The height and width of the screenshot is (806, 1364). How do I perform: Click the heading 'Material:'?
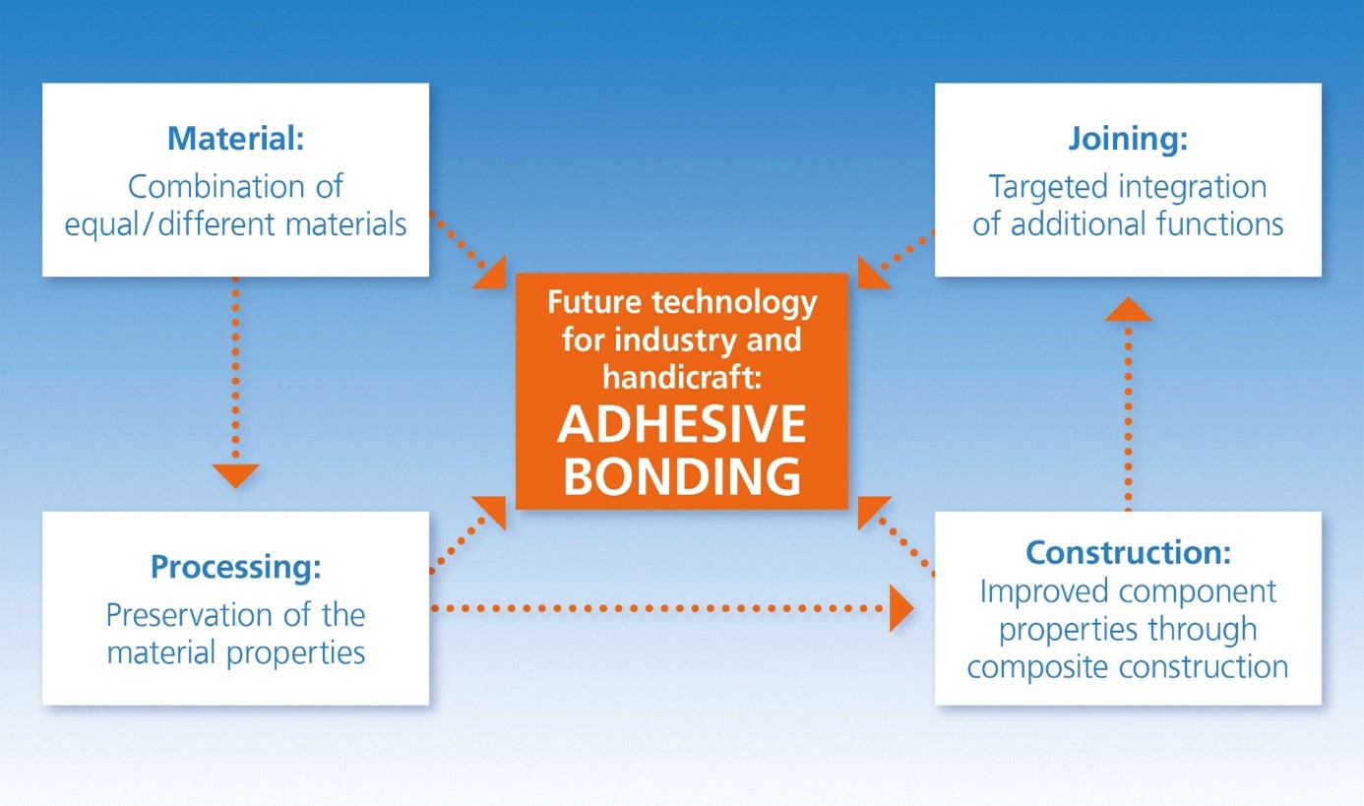click(x=235, y=139)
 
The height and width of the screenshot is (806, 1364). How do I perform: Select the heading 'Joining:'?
click(x=1128, y=139)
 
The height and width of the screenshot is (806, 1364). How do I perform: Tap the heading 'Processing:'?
click(x=235, y=567)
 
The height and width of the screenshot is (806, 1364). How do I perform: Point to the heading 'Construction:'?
click(x=1128, y=552)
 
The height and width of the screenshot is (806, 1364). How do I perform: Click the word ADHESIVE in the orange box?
click(x=681, y=426)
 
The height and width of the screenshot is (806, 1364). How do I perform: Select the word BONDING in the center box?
click(x=681, y=477)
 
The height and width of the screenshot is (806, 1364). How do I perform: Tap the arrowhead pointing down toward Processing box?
click(x=235, y=476)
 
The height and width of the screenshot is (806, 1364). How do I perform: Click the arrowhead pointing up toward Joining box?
click(x=1128, y=310)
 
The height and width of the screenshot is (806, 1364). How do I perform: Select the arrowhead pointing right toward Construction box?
click(x=900, y=609)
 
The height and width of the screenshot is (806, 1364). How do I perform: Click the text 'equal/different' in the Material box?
click(x=171, y=224)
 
